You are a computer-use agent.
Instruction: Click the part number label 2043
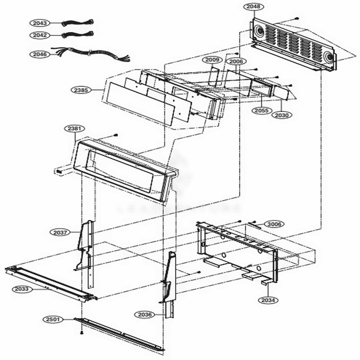tap(40, 23)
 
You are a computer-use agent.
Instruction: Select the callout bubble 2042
tap(40, 35)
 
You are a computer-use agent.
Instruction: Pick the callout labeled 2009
tap(212, 59)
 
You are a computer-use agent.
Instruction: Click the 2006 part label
tap(236, 62)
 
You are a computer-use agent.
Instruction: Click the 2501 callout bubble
tap(54, 319)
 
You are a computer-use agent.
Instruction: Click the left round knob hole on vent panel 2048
tap(259, 32)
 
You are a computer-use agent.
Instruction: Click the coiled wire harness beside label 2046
tap(90, 54)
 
